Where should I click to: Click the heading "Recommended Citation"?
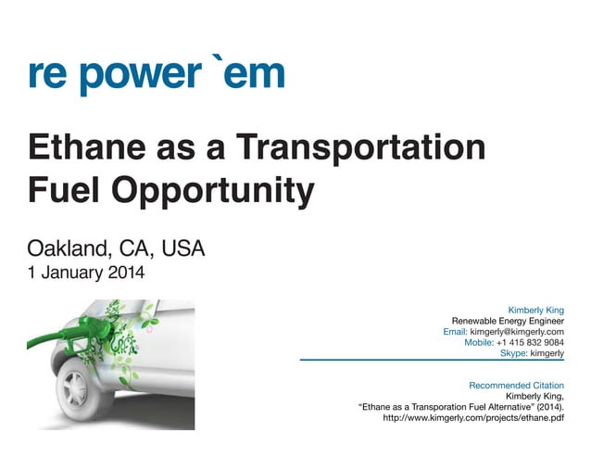(516, 385)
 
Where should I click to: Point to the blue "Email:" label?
(456, 332)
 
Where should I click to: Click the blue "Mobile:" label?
(479, 343)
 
